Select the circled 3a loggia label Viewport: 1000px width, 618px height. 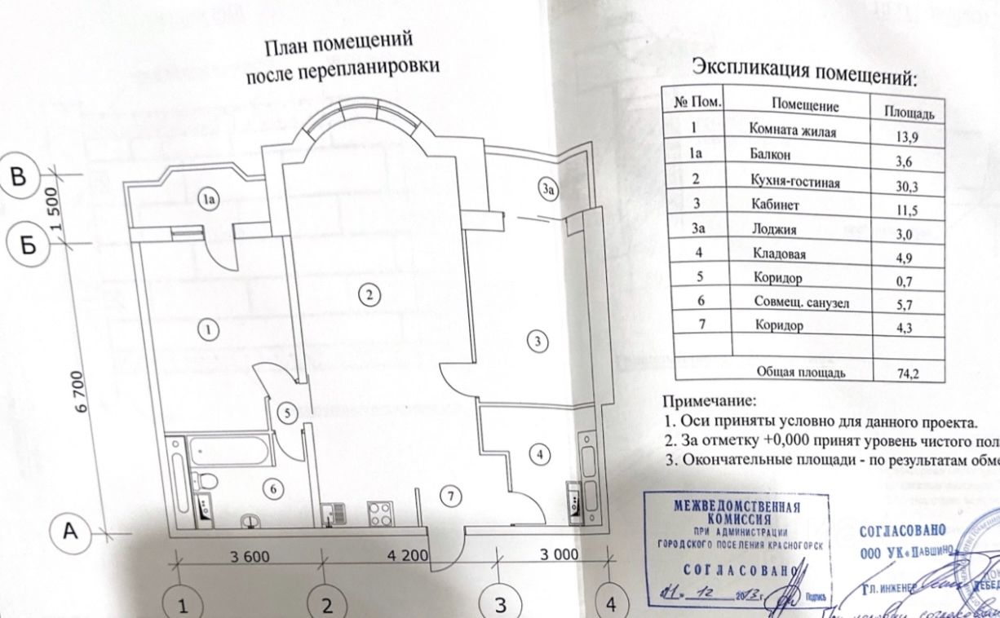click(x=548, y=191)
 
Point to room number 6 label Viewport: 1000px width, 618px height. click(x=274, y=488)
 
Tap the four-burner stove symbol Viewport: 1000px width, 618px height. click(x=381, y=514)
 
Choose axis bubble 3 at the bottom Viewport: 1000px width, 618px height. click(x=500, y=604)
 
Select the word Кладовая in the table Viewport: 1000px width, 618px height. click(x=778, y=255)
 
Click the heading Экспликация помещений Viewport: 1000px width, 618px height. click(x=803, y=73)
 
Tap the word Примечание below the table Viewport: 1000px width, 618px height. click(x=709, y=401)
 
